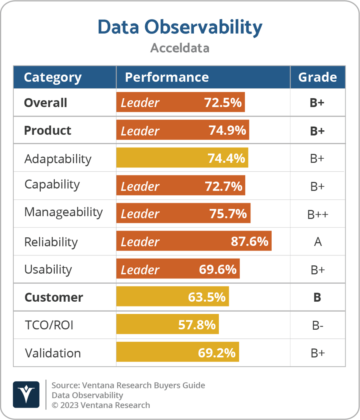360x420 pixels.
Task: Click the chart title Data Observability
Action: [180, 27]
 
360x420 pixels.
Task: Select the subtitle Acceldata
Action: [180, 48]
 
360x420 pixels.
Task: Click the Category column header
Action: [52, 77]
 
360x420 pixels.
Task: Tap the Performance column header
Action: [166, 77]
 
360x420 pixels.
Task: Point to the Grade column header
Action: [317, 77]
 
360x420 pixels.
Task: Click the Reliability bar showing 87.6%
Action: [194, 241]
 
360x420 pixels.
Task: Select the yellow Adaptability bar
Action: [182, 158]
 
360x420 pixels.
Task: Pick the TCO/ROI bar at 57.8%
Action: [167, 324]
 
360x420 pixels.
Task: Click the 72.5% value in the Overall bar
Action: [223, 103]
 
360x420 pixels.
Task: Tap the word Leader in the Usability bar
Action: [140, 270]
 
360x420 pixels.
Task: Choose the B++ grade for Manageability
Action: [318, 215]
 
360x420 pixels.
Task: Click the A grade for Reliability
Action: [318, 242]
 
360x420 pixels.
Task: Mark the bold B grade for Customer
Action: [317, 298]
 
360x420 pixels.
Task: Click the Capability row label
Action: [52, 185]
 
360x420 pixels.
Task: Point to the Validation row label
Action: [53, 353]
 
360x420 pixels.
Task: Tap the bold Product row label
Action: [48, 131]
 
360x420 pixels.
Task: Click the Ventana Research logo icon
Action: [26, 394]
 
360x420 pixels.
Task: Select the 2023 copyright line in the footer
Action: [101, 405]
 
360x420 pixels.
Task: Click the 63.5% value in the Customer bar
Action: [206, 297]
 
